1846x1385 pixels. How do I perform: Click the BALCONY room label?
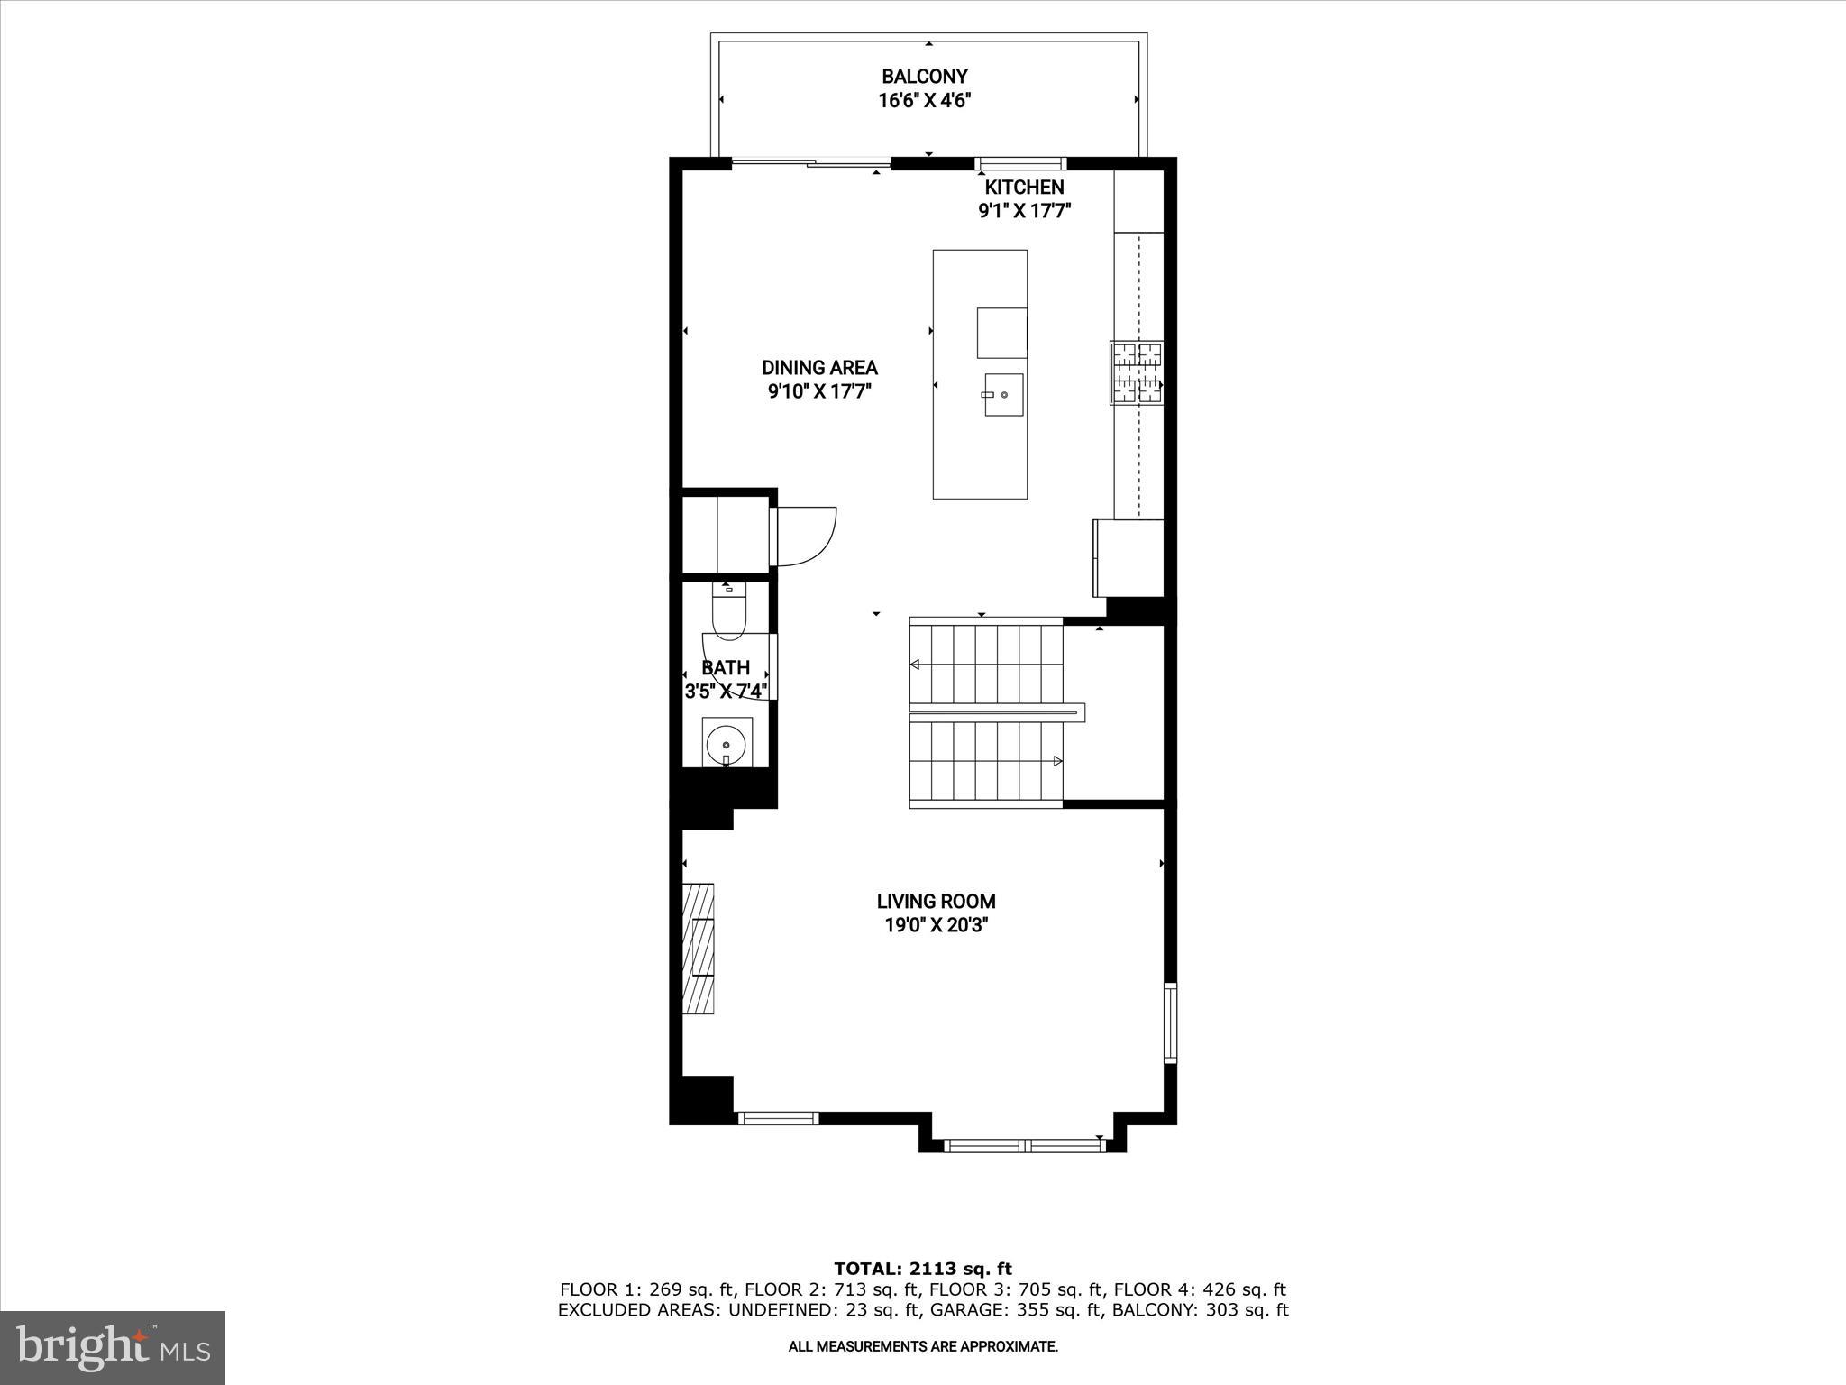[x=924, y=77]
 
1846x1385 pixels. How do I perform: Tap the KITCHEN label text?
[x=1024, y=188]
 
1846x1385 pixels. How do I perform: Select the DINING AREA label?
[x=819, y=368]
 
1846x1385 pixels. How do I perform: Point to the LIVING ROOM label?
[x=936, y=901]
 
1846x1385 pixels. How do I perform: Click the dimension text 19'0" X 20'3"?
[x=936, y=925]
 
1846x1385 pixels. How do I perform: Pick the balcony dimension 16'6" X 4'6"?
[x=924, y=100]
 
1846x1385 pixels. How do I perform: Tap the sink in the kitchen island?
[x=1003, y=395]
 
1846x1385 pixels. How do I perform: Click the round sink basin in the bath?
[x=727, y=745]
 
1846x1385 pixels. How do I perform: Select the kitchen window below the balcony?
[x=1021, y=163]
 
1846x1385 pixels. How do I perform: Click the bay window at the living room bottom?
[x=1023, y=1145]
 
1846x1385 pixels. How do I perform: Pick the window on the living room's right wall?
[x=1170, y=1023]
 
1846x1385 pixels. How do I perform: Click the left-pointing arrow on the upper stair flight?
[x=915, y=665]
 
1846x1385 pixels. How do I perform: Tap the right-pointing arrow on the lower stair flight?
[x=1057, y=761]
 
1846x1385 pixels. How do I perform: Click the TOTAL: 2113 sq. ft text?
[x=923, y=1270]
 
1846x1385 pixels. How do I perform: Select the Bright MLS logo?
[x=113, y=1347]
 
